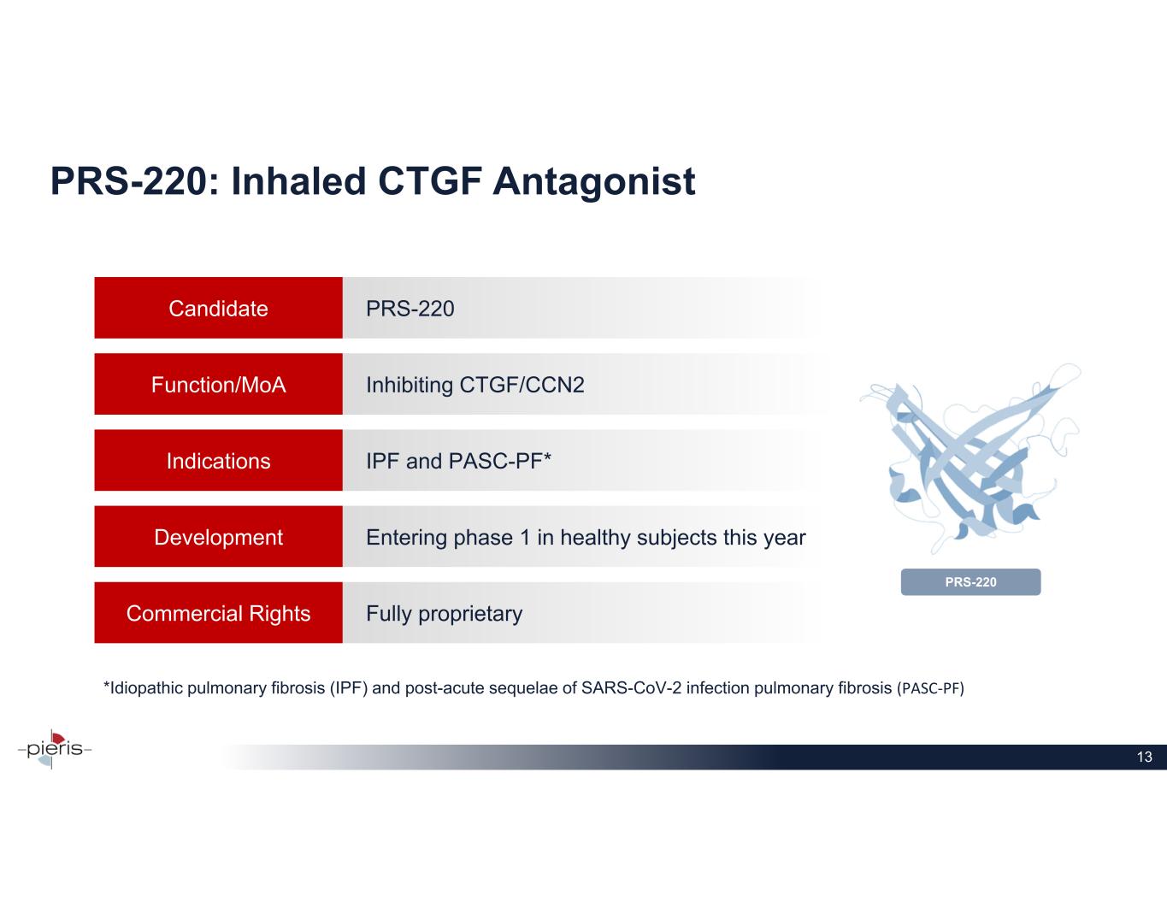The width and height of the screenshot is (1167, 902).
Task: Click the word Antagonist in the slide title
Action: (593, 183)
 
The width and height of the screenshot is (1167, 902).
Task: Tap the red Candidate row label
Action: (218, 308)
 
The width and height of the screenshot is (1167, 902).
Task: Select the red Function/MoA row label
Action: (218, 385)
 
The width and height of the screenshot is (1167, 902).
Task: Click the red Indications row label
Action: (218, 461)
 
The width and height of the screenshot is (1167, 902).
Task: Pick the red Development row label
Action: (218, 537)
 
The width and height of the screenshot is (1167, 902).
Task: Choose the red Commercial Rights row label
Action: (218, 613)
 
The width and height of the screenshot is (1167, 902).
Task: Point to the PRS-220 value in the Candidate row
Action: (410, 309)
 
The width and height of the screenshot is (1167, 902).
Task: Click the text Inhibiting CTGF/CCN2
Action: (475, 386)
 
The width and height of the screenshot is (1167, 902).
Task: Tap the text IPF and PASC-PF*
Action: (458, 461)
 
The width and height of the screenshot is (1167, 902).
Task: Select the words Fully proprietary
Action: (444, 614)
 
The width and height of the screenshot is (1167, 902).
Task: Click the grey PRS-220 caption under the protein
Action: (970, 582)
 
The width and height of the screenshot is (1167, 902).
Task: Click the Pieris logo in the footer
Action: (54, 749)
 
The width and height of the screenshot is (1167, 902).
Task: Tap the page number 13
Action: (1144, 757)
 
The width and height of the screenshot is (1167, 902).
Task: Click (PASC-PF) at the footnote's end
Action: (931, 688)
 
